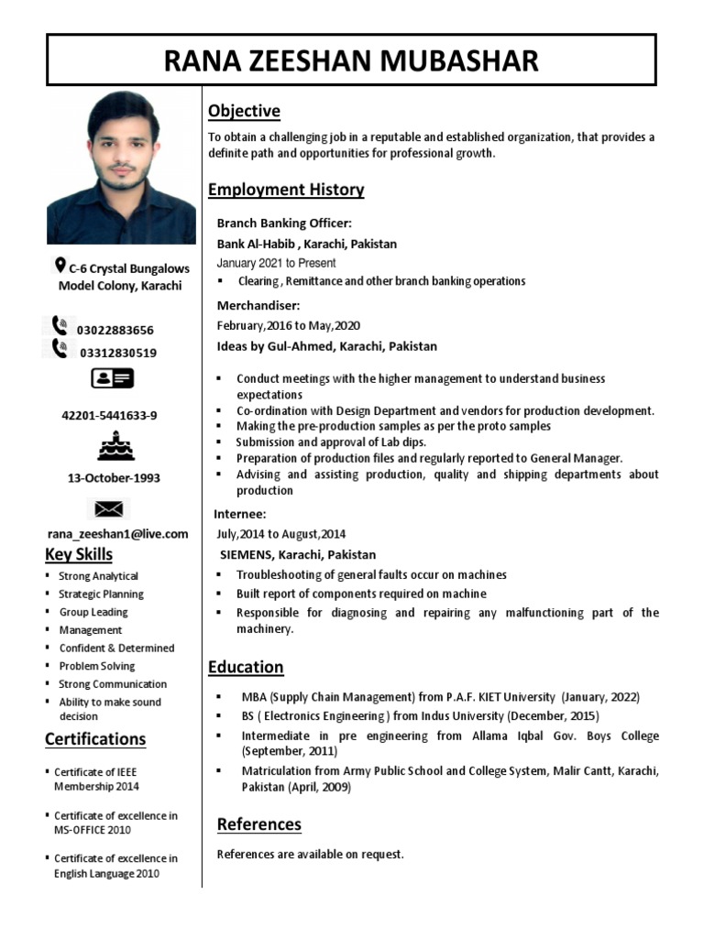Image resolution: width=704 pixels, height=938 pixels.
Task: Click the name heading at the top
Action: click(351, 60)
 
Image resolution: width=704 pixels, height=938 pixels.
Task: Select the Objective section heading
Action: click(244, 112)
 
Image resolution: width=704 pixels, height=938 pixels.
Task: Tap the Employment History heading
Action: click(286, 190)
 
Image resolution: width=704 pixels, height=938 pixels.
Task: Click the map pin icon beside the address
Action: click(60, 266)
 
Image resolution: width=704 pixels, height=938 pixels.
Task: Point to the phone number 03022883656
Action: click(115, 330)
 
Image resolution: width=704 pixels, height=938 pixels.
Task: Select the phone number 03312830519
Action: click(117, 353)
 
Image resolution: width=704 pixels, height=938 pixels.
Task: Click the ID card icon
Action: click(111, 377)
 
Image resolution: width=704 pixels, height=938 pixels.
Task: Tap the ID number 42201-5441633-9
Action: click(109, 415)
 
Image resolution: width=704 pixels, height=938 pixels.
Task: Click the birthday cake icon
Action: click(115, 446)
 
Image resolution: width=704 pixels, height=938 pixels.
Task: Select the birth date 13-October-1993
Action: click(114, 478)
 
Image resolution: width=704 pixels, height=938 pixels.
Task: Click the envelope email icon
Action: click(109, 508)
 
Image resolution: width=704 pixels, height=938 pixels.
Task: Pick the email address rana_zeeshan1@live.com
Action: click(117, 534)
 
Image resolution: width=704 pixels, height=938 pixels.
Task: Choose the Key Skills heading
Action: click(79, 554)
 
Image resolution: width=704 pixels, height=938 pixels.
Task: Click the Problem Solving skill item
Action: click(96, 666)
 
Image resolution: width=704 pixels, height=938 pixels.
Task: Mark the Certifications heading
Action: click(95, 739)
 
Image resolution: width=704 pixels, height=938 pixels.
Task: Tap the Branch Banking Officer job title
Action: click(284, 223)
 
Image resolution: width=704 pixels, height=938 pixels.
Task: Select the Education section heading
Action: click(246, 667)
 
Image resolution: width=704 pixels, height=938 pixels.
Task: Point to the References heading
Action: click(258, 824)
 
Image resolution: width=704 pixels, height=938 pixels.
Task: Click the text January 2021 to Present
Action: click(276, 263)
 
